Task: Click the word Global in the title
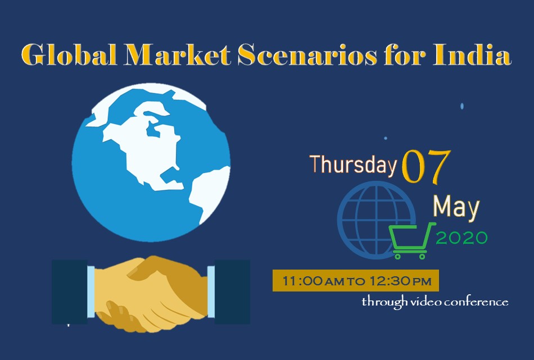click(x=69, y=54)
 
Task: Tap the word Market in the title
click(x=177, y=54)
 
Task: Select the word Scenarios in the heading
click(x=307, y=54)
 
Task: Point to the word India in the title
click(x=472, y=54)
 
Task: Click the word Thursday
click(x=353, y=165)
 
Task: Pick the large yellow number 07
click(x=426, y=166)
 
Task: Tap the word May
click(x=456, y=207)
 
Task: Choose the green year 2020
click(x=462, y=238)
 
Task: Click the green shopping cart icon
click(x=412, y=240)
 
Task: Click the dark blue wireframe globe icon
click(x=376, y=220)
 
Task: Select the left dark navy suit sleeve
click(x=70, y=292)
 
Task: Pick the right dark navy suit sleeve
click(x=232, y=292)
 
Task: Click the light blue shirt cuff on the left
click(x=91, y=292)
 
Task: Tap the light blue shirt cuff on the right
click(x=211, y=292)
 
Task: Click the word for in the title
click(x=405, y=54)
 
